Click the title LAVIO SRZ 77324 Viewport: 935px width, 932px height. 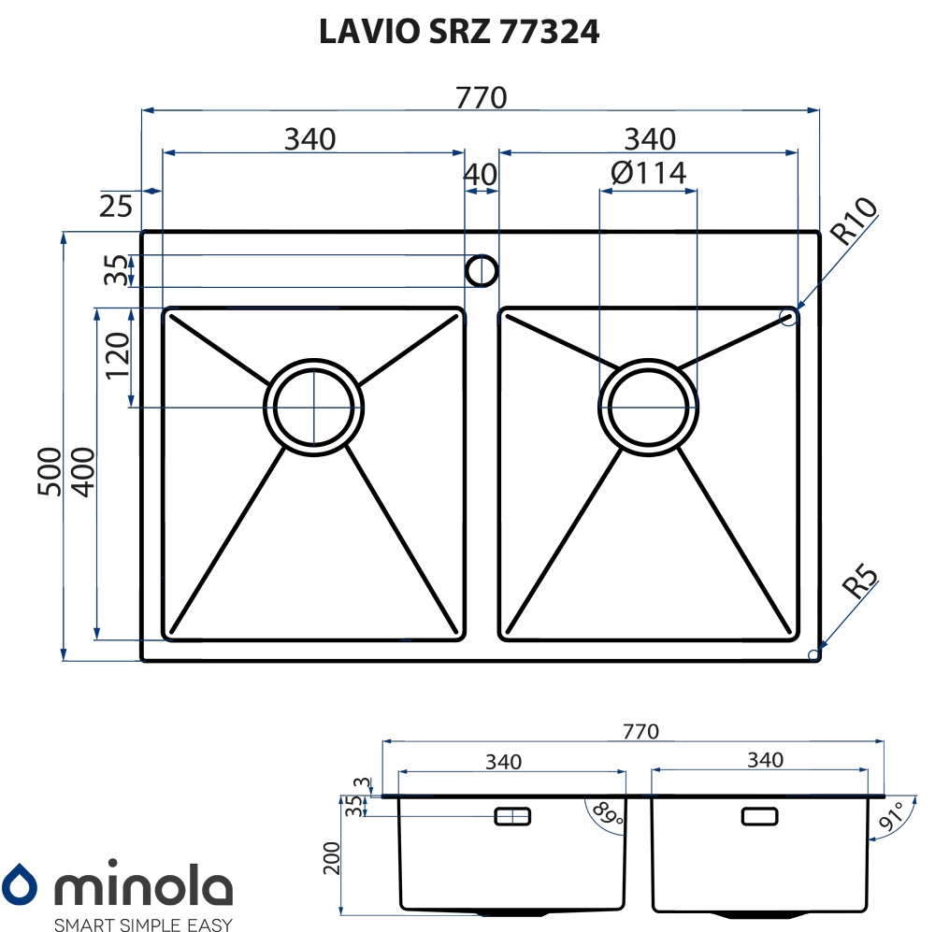coord(458,32)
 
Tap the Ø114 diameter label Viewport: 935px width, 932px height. coord(648,173)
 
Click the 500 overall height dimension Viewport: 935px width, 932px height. coord(49,471)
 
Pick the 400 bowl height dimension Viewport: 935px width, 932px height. coord(83,472)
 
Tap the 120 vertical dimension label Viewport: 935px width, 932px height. coord(118,356)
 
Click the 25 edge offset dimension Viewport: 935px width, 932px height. coord(116,207)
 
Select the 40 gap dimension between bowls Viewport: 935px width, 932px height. coord(480,175)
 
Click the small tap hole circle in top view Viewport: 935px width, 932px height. coord(482,271)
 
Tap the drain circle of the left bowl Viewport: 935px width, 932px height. coord(313,408)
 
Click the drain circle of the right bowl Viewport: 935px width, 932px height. coord(648,408)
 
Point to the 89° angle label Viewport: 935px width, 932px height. coord(608,813)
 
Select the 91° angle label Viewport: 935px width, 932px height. coord(891,817)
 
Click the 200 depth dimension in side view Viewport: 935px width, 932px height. coord(332,858)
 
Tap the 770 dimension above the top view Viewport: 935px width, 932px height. coord(482,98)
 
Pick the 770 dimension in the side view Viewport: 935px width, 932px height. coord(640,731)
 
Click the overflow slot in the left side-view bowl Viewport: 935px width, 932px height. coord(512,816)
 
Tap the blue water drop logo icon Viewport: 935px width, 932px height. coord(19,882)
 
